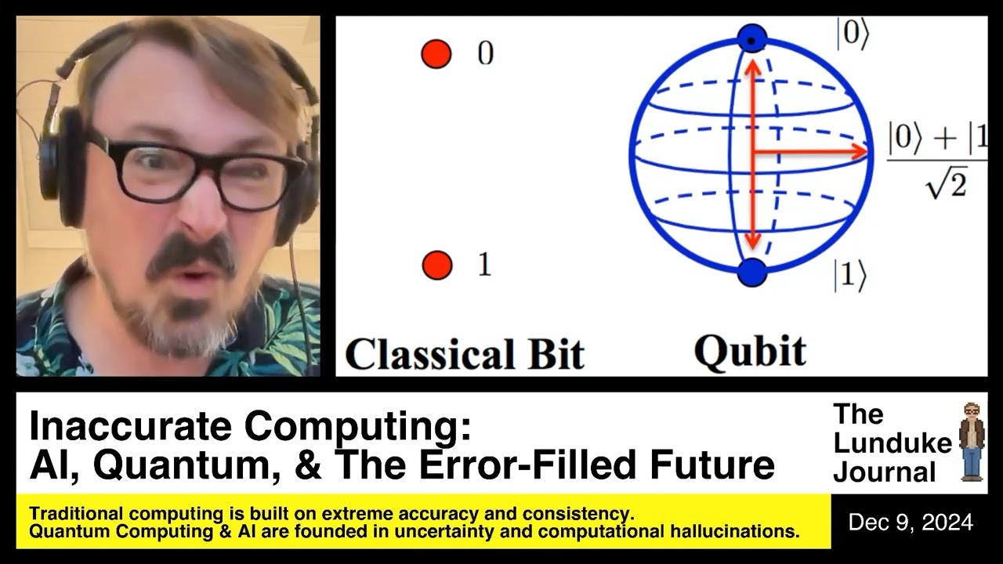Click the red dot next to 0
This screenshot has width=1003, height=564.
[x=436, y=54]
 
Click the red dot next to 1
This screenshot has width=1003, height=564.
[x=437, y=265]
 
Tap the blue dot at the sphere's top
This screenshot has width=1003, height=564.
[x=752, y=40]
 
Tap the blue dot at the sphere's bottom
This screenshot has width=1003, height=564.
[x=751, y=272]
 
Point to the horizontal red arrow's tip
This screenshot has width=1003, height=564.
[x=867, y=152]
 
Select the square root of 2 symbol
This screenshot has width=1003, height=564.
[x=947, y=183]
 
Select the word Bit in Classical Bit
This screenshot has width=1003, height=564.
[x=556, y=354]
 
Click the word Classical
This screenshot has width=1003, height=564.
[x=430, y=354]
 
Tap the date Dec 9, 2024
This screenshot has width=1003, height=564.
[x=911, y=522]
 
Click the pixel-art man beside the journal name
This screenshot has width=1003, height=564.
[x=972, y=442]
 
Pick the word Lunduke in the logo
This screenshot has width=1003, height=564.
[x=893, y=443]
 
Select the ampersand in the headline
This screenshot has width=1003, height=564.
[x=309, y=465]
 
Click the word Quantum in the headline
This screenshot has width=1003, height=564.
[x=187, y=465]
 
